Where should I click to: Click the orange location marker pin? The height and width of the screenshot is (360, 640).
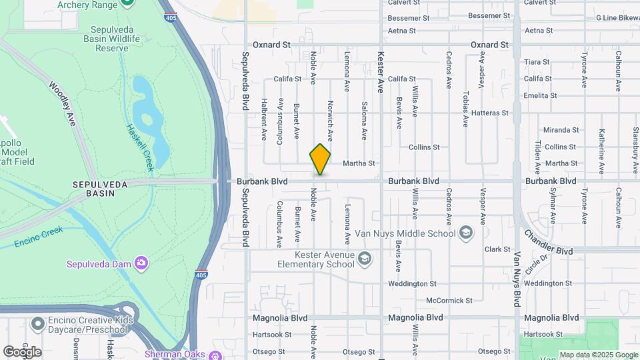[320, 159]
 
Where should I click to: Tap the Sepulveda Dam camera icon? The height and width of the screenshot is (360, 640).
[141, 263]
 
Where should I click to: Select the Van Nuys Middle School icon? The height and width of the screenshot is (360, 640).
[465, 233]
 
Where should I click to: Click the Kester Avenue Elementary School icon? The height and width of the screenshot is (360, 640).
[364, 258]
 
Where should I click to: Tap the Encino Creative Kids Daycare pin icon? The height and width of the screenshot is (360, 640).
[38, 325]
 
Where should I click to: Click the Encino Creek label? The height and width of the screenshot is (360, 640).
[37, 235]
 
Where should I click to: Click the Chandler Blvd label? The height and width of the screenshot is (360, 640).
[549, 243]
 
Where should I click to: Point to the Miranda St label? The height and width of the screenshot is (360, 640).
[561, 130]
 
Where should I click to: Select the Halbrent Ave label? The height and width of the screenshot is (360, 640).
[264, 120]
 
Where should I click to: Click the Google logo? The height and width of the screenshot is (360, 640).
[22, 352]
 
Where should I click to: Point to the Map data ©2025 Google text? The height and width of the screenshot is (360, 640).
[599, 355]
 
